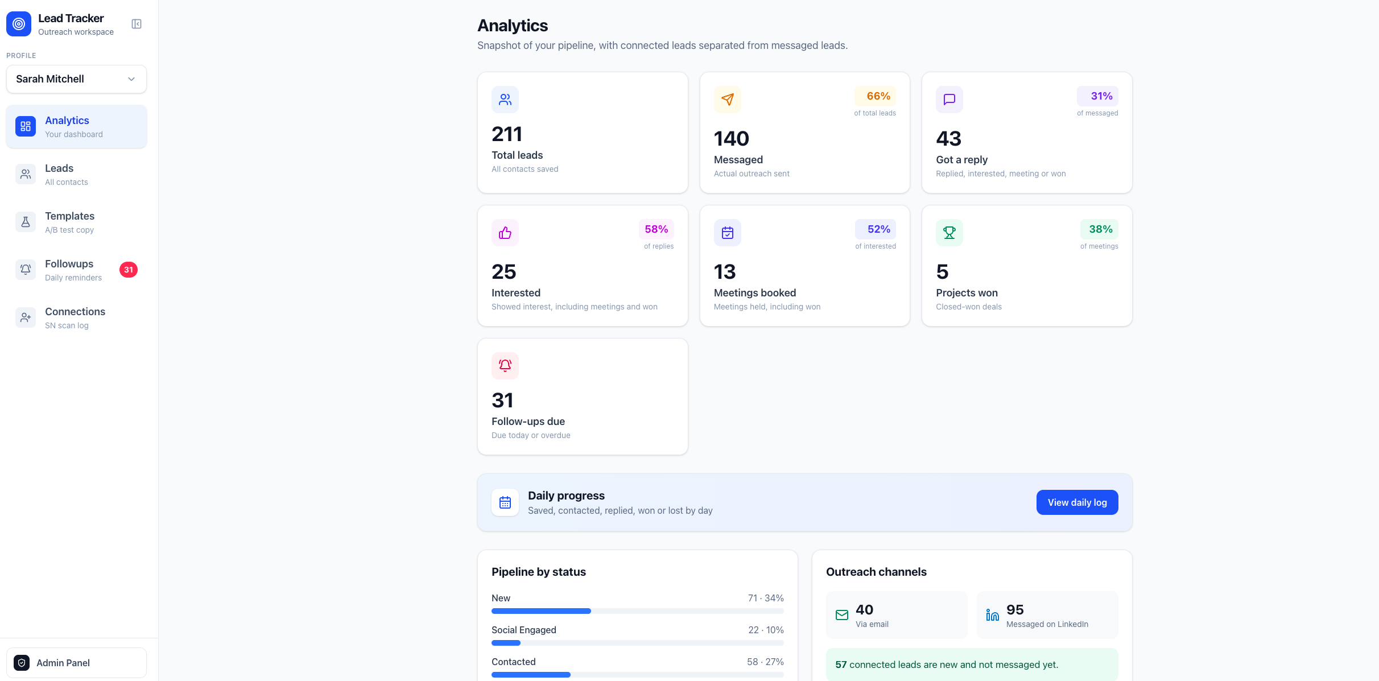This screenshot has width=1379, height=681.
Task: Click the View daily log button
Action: point(1077,502)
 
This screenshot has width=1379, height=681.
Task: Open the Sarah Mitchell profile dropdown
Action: point(76,79)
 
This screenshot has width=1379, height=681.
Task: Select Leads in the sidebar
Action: point(76,175)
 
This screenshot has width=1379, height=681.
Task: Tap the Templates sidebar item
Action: point(76,222)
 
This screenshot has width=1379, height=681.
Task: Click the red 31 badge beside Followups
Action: point(129,270)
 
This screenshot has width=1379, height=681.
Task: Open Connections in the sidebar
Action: point(76,318)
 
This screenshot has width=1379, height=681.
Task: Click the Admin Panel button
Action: point(76,663)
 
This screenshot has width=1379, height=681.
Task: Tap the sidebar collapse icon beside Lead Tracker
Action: point(137,24)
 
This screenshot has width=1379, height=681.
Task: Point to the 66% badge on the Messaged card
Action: point(875,96)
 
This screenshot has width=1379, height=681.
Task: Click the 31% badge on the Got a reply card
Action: point(1097,96)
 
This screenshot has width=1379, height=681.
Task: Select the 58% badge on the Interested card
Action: point(656,229)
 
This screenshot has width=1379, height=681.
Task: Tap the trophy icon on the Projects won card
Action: point(949,233)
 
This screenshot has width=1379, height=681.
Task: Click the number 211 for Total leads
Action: point(506,134)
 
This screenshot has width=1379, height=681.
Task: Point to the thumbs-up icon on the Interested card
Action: point(505,233)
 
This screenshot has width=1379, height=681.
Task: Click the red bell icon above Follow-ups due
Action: point(505,366)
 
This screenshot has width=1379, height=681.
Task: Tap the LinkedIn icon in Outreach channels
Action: point(992,615)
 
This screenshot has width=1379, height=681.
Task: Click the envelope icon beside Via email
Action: point(842,615)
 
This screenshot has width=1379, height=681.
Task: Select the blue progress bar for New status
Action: point(541,611)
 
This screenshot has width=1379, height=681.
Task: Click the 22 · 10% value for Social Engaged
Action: point(766,630)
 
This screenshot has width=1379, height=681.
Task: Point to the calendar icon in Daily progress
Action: point(505,502)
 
